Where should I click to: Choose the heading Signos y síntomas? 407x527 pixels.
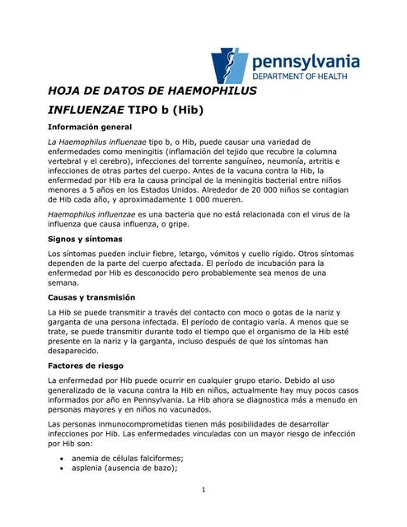point(85,238)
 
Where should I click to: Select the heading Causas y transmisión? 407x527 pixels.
point(92,296)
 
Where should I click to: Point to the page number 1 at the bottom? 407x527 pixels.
point(203,492)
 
